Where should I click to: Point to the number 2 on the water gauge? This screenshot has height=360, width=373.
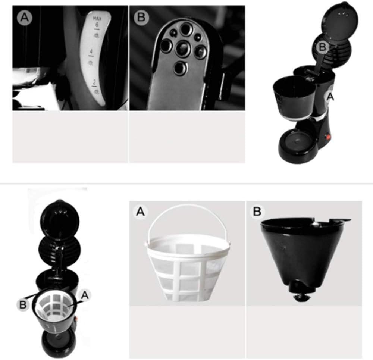(x=95, y=81)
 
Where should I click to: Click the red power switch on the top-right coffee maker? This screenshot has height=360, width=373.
(x=329, y=137)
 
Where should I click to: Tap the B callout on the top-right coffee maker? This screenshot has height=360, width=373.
(x=323, y=47)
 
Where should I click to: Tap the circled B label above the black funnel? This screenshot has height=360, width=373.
(x=257, y=212)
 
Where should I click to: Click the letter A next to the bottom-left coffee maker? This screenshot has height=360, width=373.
(x=85, y=295)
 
